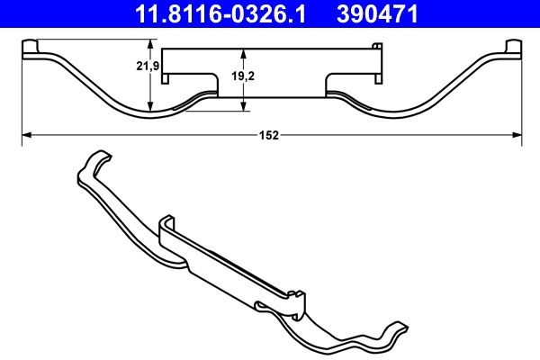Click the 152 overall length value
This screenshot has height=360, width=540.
(x=270, y=135)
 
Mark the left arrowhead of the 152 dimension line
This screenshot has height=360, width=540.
(x=24, y=135)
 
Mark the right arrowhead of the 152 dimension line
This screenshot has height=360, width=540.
(x=517, y=135)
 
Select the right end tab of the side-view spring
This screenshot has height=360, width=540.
(x=514, y=49)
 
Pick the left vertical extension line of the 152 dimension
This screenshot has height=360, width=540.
(x=20, y=99)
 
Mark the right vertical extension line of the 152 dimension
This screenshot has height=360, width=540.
(x=522, y=99)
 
